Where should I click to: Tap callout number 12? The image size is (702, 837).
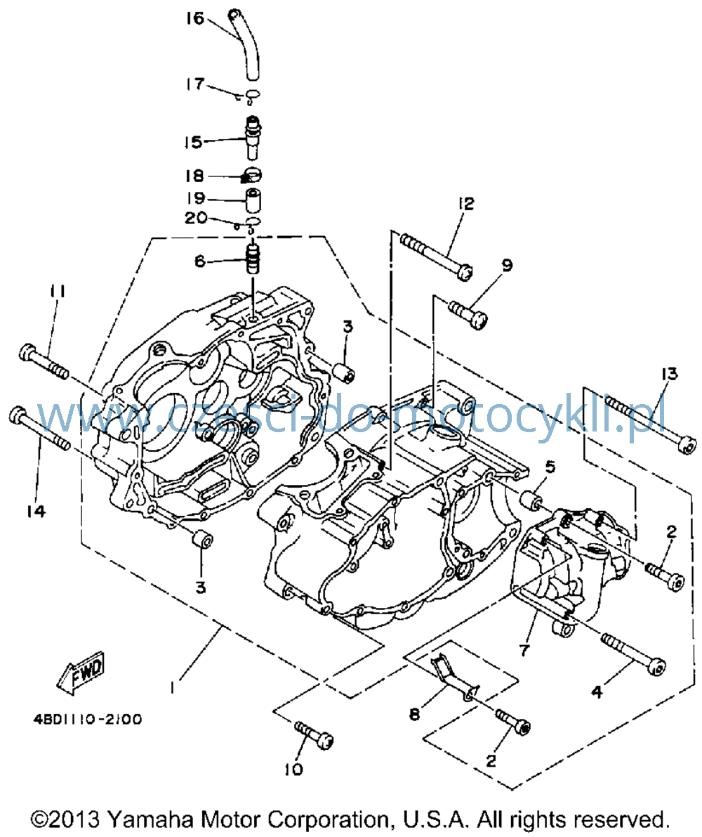click(x=465, y=203)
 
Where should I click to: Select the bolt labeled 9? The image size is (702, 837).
click(x=468, y=314)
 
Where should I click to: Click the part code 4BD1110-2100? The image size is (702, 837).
click(x=88, y=720)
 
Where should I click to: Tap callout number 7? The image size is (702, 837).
click(x=524, y=649)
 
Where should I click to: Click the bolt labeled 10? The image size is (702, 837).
click(x=314, y=734)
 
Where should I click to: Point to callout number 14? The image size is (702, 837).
click(x=36, y=511)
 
